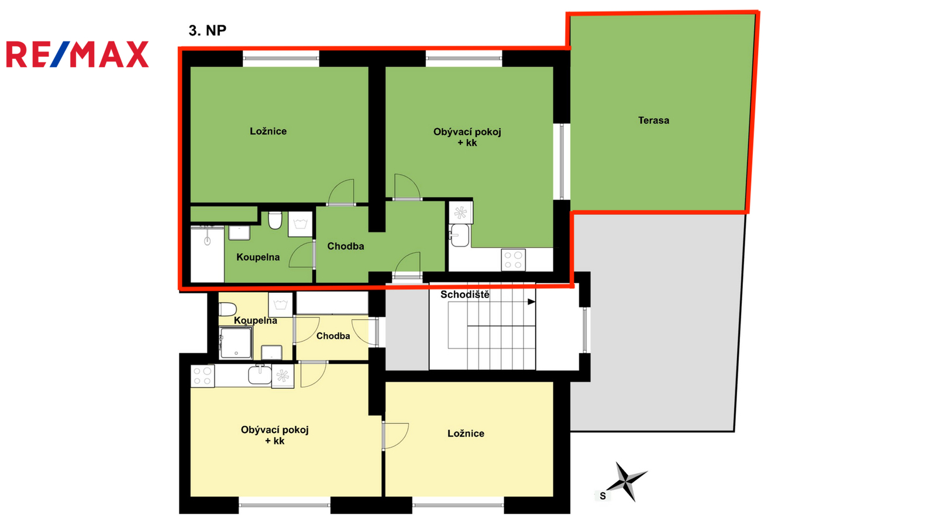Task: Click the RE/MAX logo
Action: (x=77, y=54)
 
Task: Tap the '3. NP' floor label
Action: (x=207, y=30)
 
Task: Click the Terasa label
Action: (x=653, y=120)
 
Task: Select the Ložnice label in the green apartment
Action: (x=269, y=131)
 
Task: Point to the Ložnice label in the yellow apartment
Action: (x=466, y=434)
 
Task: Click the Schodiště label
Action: (x=465, y=295)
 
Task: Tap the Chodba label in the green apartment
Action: (x=346, y=246)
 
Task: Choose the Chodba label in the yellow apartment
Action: (x=333, y=336)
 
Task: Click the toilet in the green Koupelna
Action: (x=275, y=220)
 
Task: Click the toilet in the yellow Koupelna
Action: (x=228, y=309)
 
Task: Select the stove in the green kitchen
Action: (x=514, y=259)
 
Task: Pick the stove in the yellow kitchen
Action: (x=202, y=376)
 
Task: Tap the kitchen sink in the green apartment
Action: (x=459, y=235)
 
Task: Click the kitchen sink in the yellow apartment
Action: (x=260, y=374)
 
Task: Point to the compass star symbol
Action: (x=627, y=482)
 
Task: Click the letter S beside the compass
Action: (x=603, y=496)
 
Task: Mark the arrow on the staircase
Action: (x=532, y=302)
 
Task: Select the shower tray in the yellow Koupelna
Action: (x=236, y=342)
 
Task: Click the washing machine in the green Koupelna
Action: (x=301, y=224)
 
